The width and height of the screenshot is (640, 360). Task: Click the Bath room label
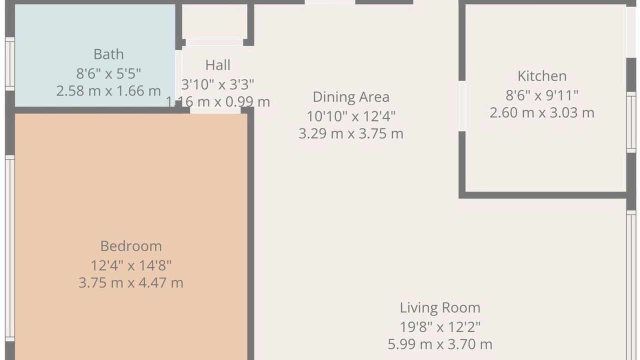(108, 54)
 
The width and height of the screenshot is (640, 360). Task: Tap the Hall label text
(217, 65)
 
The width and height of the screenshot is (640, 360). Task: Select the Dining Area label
(351, 97)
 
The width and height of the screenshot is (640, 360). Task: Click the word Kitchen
(542, 76)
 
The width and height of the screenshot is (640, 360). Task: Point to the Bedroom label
(131, 246)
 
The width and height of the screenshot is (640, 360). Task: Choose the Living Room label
(440, 308)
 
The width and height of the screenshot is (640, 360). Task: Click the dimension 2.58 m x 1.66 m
(108, 91)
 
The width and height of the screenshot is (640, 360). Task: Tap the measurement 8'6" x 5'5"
(108, 73)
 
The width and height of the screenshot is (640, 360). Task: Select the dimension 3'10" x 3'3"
(217, 84)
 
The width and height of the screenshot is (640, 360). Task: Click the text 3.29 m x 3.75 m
(351, 133)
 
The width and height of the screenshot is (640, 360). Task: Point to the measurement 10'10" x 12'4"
(351, 116)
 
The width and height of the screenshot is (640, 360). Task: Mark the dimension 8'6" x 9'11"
(542, 95)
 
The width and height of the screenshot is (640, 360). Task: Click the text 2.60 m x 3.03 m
(542, 112)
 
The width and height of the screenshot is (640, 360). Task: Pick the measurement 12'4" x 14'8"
(131, 265)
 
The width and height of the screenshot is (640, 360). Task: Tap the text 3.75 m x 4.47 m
(131, 283)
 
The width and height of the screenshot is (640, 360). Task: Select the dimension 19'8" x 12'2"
(440, 327)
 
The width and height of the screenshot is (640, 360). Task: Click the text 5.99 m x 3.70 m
(440, 344)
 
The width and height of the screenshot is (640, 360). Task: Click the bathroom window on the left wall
(10, 64)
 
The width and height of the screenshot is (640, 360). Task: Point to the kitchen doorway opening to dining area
(462, 106)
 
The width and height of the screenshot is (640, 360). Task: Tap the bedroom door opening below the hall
(215, 110)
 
